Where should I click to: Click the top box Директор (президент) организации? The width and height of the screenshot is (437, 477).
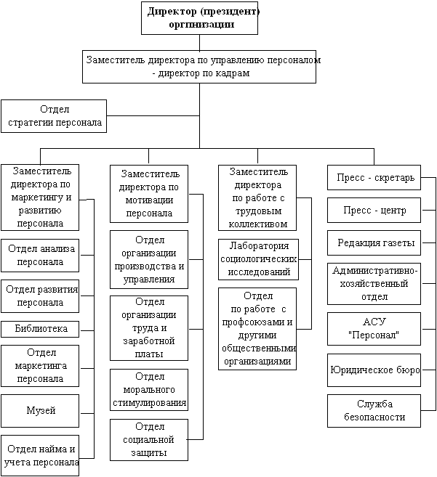pyautogui.click(x=200, y=17)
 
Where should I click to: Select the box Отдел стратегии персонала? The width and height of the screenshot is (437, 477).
pyautogui.click(x=54, y=116)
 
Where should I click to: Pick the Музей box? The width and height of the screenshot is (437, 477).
pyautogui.click(x=41, y=412)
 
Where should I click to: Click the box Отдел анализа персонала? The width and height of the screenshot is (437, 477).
pyautogui.click(x=41, y=255)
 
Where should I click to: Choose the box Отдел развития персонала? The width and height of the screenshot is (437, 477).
pyautogui.click(x=41, y=295)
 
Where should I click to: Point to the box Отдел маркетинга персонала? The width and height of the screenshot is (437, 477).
pyautogui.click(x=41, y=367)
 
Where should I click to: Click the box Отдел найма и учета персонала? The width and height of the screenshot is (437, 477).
pyautogui.click(x=41, y=454)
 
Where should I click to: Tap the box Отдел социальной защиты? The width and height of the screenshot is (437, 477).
pyautogui.click(x=149, y=440)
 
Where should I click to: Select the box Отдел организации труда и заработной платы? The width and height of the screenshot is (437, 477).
pyautogui.click(x=149, y=327)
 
